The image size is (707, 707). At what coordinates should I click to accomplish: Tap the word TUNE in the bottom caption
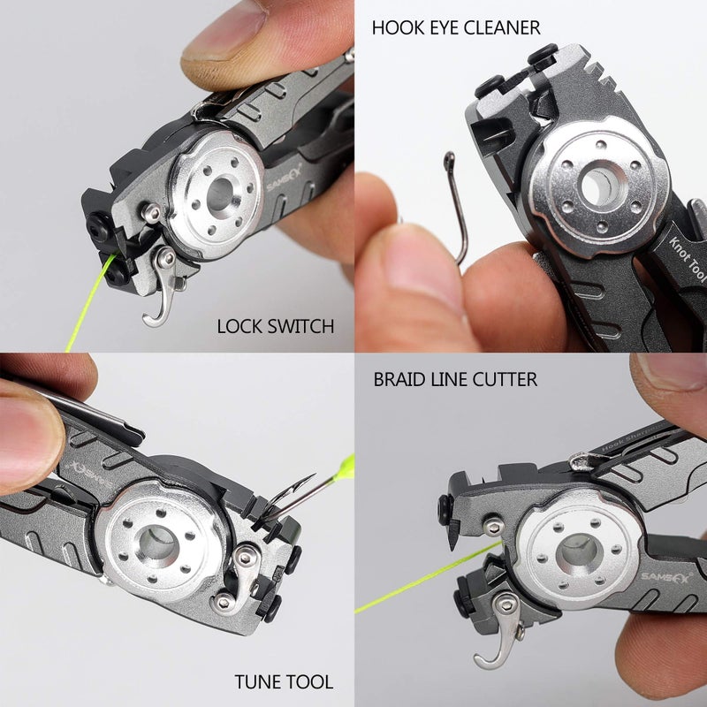pyautogui.click(x=256, y=681)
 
